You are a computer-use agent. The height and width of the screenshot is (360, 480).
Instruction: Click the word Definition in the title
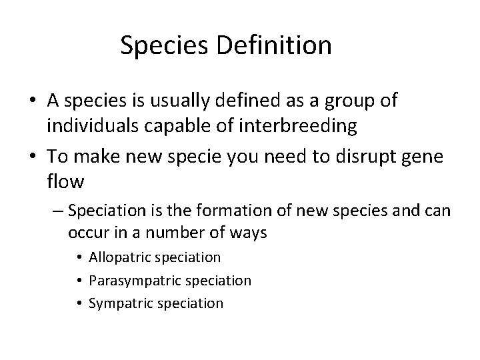[281, 45]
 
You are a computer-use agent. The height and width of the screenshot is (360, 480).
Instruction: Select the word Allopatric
[123, 257]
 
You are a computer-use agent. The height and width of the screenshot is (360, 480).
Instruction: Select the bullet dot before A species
[33, 101]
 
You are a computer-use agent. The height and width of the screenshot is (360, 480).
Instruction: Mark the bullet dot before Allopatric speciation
[79, 257]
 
